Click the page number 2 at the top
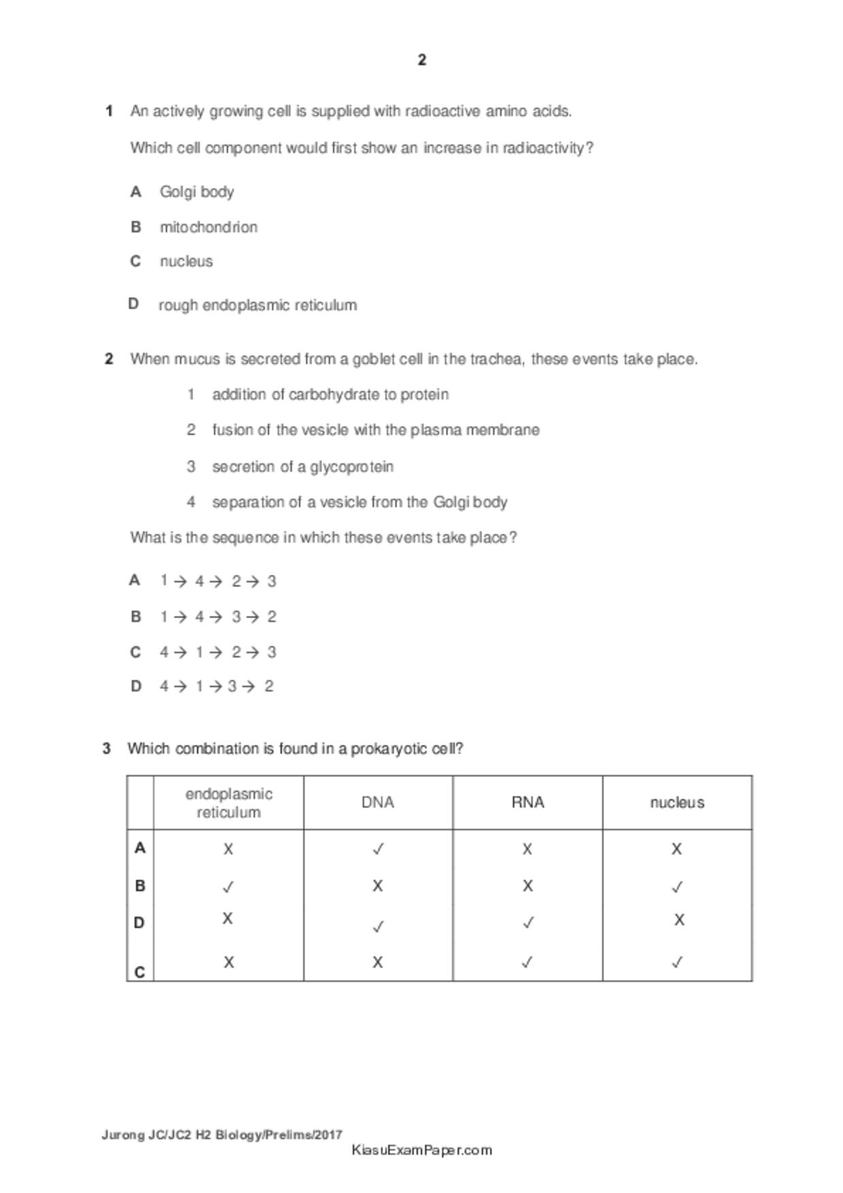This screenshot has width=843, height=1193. click(422, 60)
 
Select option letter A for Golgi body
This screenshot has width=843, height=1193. click(136, 192)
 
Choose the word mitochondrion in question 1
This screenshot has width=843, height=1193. click(208, 227)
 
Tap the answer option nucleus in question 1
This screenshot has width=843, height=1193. click(186, 261)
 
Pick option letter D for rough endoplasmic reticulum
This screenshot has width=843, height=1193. click(133, 303)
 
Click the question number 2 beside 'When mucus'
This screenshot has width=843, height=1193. click(109, 358)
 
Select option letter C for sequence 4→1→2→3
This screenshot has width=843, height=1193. click(135, 652)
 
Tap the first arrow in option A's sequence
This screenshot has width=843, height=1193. click(180, 582)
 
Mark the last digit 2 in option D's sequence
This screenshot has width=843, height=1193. click(269, 686)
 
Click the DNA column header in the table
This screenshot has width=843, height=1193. click(378, 803)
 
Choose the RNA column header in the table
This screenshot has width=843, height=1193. click(527, 803)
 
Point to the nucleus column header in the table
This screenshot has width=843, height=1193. click(677, 803)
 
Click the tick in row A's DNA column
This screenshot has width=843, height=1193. click(378, 849)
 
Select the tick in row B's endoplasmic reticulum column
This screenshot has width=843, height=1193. click(229, 887)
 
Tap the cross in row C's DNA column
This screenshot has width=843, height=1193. click(378, 962)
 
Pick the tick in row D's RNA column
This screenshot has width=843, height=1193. click(527, 923)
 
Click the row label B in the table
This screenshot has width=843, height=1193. click(140, 886)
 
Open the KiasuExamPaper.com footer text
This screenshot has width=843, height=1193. click(422, 1150)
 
